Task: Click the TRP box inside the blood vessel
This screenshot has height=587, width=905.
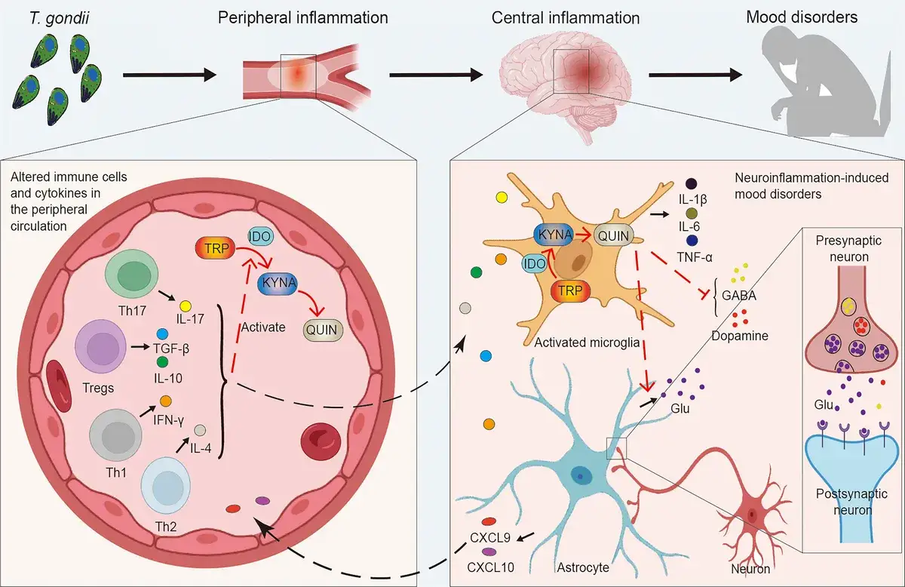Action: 215,248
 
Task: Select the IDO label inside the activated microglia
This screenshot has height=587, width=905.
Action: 535,264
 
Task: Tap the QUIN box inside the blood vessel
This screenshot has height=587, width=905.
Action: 323,330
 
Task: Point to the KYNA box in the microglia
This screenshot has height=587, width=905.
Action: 554,235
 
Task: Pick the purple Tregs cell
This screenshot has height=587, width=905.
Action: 101,346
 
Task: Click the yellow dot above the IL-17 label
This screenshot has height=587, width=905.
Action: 186,306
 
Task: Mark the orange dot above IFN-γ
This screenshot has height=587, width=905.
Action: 166,401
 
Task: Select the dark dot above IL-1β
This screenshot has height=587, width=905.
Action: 692,184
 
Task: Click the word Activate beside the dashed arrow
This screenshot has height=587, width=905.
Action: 263,327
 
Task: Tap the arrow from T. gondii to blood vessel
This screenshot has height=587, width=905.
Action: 170,75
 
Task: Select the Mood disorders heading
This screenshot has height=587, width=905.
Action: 802,17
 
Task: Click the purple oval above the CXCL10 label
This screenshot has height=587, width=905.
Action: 489,552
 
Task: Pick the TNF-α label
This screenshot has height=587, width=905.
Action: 695,257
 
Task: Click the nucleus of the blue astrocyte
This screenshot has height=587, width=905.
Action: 579,476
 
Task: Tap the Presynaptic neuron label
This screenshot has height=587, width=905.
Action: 848,249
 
